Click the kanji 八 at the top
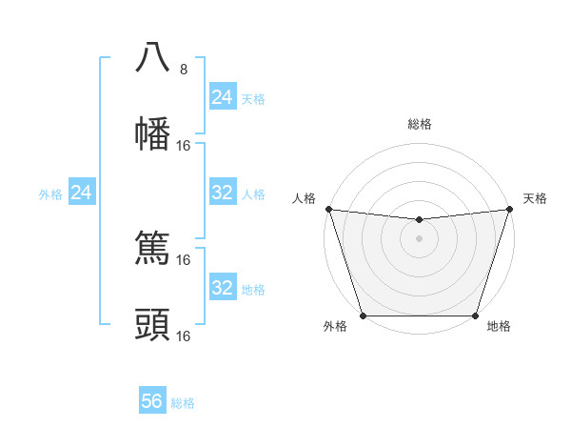[152, 58]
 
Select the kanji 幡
[152, 134]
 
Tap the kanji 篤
[152, 249]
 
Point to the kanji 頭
[152, 325]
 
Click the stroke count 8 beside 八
[184, 70]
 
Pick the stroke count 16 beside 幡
[185, 146]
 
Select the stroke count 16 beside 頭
[185, 336]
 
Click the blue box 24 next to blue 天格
[222, 97]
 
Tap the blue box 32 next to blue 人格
[222, 193]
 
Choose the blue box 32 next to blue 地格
[222, 288]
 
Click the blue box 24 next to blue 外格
[82, 193]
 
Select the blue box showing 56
[152, 401]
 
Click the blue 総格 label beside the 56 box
[184, 403]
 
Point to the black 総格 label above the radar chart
[420, 124]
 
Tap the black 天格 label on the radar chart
[535, 198]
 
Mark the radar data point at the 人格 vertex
[328, 209]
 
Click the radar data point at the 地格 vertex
[475, 316]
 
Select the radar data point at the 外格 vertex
[364, 316]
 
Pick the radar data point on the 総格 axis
[419, 220]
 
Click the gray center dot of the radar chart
[419, 238]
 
